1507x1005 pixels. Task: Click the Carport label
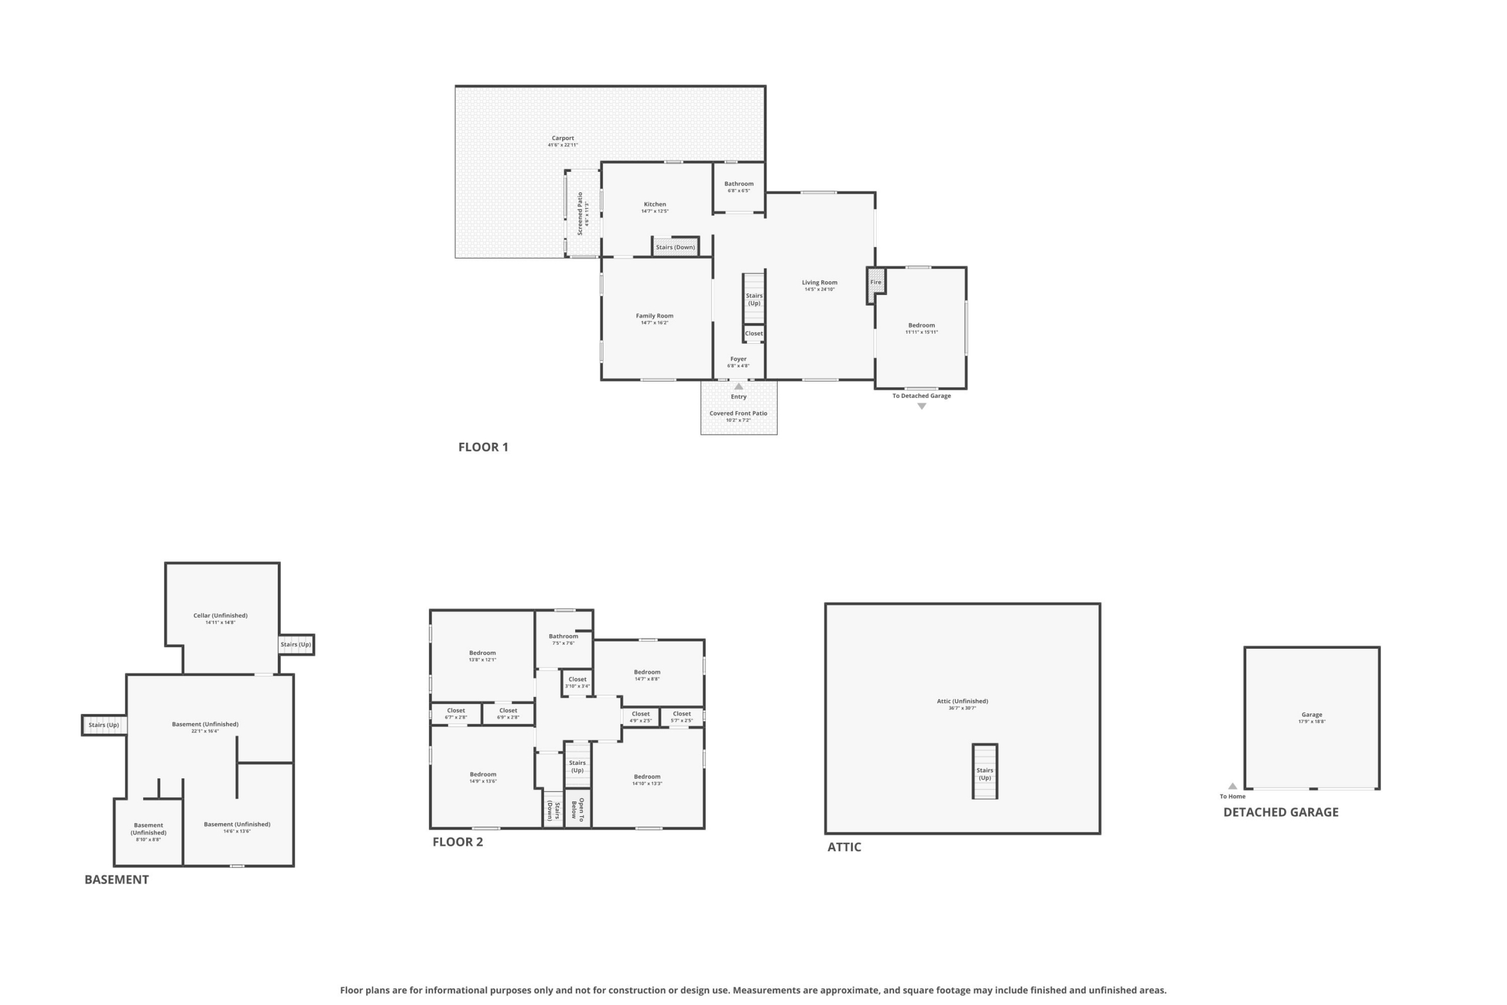tap(563, 138)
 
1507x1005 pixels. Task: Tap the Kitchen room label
tap(655, 204)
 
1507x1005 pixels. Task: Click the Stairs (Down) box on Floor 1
tap(675, 247)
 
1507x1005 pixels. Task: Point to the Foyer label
tap(738, 359)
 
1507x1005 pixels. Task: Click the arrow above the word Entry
tap(739, 386)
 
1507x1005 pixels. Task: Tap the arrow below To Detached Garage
tap(921, 406)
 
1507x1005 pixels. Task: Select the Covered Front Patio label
tap(738, 413)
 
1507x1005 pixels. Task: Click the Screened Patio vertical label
tap(580, 214)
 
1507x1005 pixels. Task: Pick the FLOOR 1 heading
tap(483, 447)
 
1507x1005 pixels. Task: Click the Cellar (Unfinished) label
tap(220, 615)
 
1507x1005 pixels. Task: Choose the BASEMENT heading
tap(117, 880)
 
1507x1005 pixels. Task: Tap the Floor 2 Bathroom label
tap(563, 636)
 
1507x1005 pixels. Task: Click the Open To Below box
tap(578, 809)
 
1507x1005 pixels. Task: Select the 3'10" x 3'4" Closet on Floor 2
tap(577, 682)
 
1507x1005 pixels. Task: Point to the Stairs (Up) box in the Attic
tap(985, 772)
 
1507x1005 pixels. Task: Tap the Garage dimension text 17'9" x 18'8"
tap(1312, 722)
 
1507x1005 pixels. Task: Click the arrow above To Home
tap(1232, 787)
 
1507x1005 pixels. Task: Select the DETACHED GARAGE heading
tap(1281, 812)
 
